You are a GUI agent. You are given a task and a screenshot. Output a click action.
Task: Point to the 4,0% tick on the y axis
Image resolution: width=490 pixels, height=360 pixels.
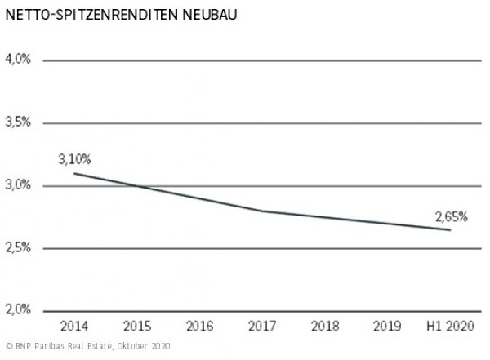[x=17, y=60]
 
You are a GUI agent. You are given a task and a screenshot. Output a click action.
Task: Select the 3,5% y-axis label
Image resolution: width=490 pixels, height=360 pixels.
[x=17, y=122]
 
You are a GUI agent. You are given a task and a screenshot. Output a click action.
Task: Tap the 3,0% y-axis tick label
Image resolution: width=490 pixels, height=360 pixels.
[x=17, y=185]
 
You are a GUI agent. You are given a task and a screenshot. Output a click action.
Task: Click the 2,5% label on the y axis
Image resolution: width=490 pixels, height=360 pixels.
[x=17, y=248]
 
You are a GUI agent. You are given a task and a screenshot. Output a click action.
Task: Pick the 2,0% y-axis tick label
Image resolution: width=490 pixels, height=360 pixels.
[x=17, y=311]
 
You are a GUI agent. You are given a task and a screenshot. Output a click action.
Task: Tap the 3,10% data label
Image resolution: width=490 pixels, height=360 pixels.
[x=73, y=159]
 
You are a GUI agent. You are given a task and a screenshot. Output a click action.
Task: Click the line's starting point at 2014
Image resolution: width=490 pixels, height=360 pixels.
[x=73, y=173]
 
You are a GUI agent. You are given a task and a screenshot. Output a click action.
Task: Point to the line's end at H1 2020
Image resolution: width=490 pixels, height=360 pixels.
[x=450, y=229]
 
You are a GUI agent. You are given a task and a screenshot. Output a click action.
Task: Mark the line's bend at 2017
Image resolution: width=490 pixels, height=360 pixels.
[x=261, y=211]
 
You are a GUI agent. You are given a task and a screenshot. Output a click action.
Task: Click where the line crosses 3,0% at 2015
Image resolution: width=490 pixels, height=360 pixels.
[x=136, y=186]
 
